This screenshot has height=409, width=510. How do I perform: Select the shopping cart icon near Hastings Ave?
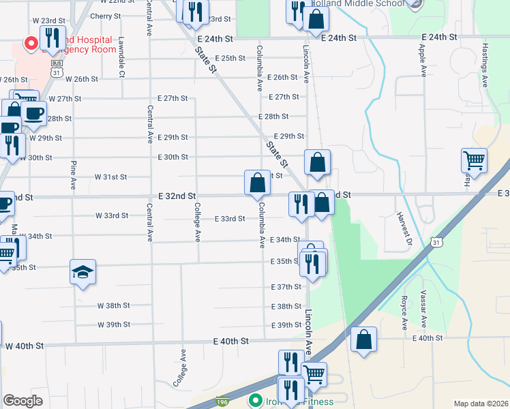[474, 161]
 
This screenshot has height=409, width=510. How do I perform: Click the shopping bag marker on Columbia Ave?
[257, 182]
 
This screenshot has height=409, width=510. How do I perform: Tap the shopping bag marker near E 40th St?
[365, 339]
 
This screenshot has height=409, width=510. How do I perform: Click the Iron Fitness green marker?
[256, 400]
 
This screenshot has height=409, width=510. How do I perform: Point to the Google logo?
[22, 401]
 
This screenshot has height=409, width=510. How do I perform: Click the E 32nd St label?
[177, 196]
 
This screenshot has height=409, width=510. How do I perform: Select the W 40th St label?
[25, 346]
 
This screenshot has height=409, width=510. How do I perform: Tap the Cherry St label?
[105, 16]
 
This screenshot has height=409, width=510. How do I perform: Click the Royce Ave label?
[404, 310]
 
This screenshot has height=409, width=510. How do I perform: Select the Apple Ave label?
[423, 61]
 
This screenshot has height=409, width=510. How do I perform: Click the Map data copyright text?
[481, 404]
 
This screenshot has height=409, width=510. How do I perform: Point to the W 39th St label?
[113, 324]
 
